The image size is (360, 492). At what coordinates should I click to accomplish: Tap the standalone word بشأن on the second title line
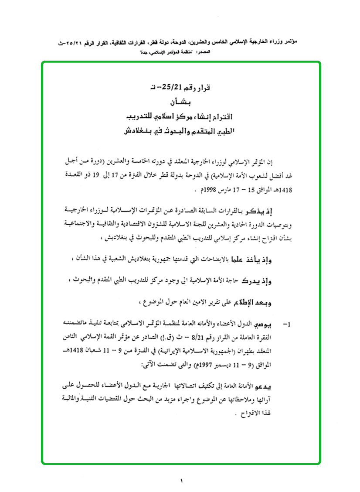tap(180, 103)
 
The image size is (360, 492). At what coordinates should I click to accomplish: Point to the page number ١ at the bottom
tap(180, 481)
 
